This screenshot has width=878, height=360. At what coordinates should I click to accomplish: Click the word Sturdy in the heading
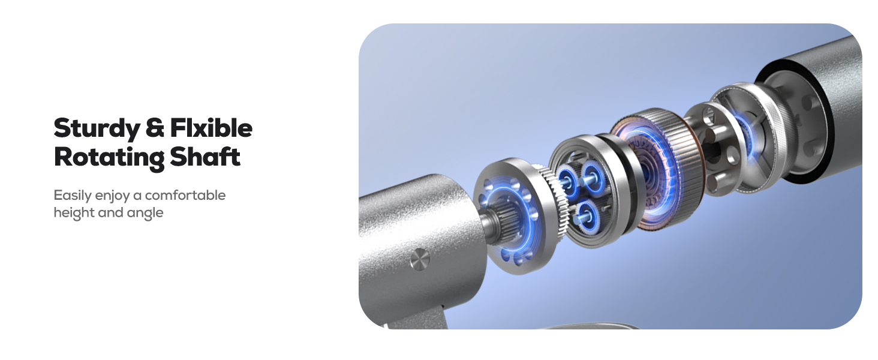(x=97, y=129)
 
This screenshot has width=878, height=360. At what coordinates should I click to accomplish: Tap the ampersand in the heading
(x=155, y=128)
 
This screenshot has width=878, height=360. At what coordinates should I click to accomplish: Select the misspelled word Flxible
(x=211, y=128)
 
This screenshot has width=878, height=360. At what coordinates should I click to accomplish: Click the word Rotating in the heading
(x=109, y=158)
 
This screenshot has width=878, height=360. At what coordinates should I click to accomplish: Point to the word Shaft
(x=205, y=157)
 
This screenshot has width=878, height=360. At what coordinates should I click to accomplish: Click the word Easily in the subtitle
(x=73, y=196)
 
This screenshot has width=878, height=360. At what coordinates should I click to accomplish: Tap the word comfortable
(x=185, y=195)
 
